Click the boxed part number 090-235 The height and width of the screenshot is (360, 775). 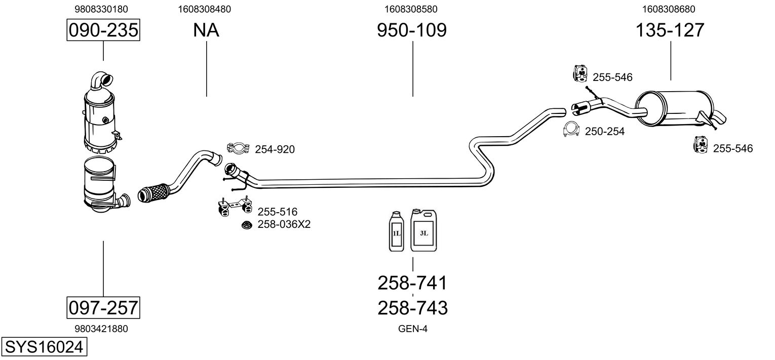click(103, 30)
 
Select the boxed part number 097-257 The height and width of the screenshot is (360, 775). click(103, 307)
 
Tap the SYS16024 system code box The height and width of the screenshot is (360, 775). click(44, 347)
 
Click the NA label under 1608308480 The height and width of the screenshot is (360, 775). click(206, 30)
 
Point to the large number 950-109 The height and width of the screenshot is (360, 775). click(412, 30)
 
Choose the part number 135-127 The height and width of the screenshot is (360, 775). click(670, 30)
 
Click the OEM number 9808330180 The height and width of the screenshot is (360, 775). click(101, 9)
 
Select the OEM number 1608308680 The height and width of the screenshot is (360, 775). click(669, 9)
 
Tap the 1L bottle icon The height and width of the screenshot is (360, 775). click(397, 231)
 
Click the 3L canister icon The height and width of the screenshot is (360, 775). click(423, 230)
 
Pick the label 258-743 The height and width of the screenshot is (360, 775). click(412, 308)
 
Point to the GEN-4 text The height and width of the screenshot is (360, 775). click(413, 329)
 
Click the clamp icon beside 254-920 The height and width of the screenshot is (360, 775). click(238, 148)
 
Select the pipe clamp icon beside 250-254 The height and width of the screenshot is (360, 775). click(571, 129)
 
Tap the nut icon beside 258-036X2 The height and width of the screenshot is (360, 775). click(247, 225)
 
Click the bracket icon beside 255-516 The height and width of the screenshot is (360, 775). click(235, 207)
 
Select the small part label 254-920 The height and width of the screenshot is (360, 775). click(275, 149)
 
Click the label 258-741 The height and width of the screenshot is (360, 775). click(412, 283)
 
